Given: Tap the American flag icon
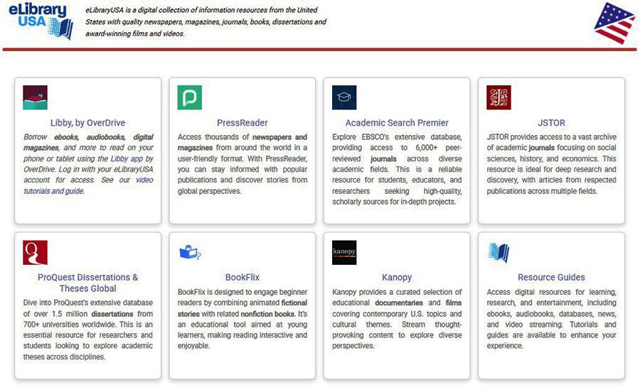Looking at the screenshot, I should click(x=614, y=23).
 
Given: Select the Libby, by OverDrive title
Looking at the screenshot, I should click(x=87, y=123).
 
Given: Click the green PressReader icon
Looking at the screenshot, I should click(x=189, y=97).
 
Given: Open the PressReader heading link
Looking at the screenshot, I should click(x=242, y=123).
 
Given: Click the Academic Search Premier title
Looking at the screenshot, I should click(x=397, y=123).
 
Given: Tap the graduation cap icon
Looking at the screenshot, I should click(x=344, y=97).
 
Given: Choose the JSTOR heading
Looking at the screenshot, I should click(x=551, y=123).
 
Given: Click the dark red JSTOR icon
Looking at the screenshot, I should click(x=498, y=97).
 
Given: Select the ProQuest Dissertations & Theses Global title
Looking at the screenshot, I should click(x=87, y=283).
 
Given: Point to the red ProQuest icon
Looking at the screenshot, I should click(x=35, y=252).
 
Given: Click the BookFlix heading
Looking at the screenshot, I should click(x=242, y=277).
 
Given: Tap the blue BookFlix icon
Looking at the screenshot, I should click(x=190, y=252).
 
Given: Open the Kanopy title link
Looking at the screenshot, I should click(x=397, y=277).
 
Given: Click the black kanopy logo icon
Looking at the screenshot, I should click(x=344, y=252).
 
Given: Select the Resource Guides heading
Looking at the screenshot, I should click(x=551, y=277).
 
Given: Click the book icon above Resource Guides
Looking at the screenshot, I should click(x=498, y=252).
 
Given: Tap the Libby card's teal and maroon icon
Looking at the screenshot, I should click(x=35, y=97).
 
